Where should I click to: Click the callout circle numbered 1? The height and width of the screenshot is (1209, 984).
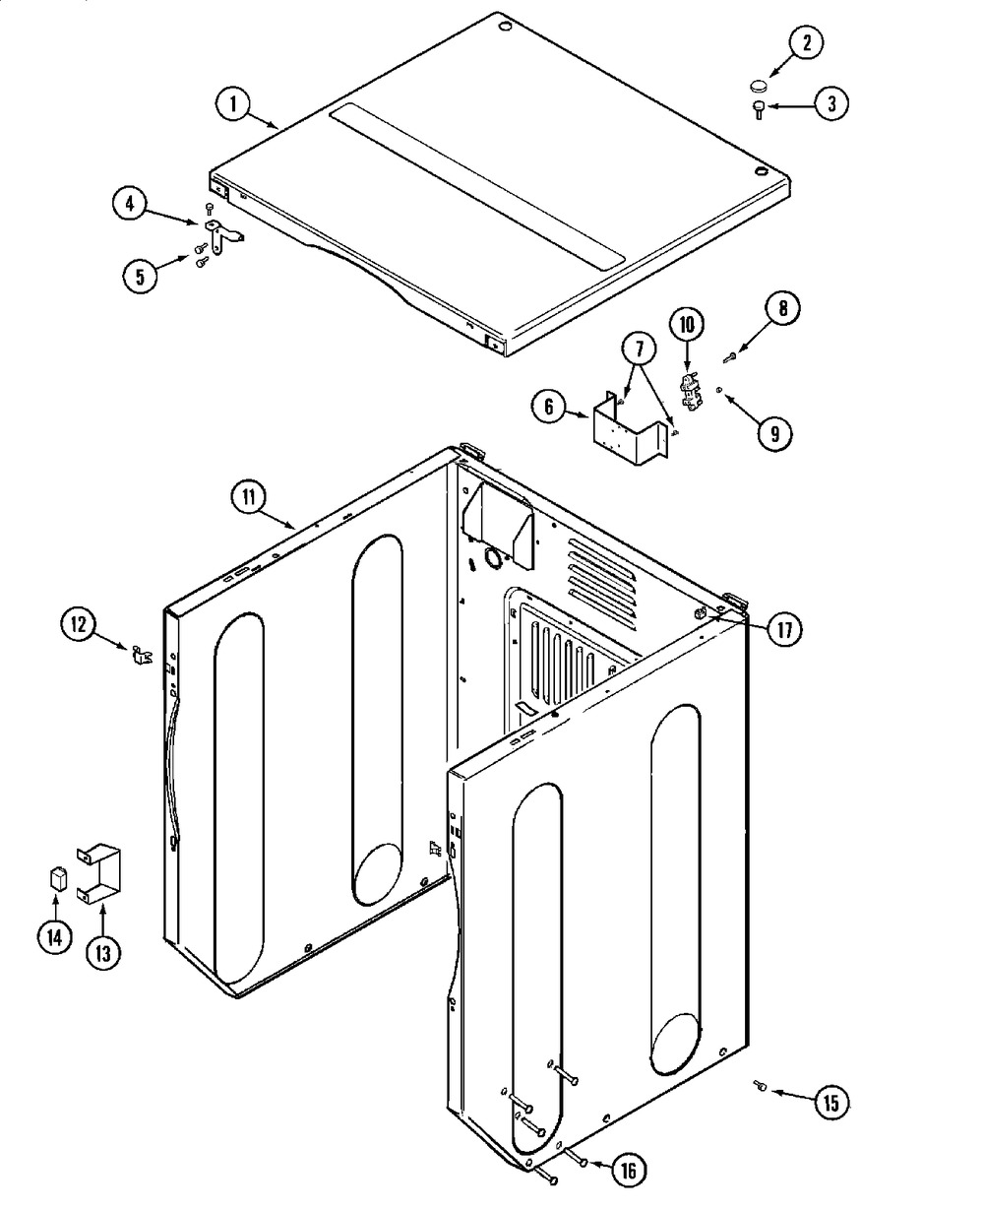233,104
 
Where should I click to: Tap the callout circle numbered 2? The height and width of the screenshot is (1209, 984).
807,42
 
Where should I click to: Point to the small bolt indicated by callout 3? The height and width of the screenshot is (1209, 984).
758,109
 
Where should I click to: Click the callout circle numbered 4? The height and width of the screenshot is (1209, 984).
131,204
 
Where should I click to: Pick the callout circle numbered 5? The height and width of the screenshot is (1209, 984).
140,276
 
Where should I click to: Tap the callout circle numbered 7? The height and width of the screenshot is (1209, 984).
640,348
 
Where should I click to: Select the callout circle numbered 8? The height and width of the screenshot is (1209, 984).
782,308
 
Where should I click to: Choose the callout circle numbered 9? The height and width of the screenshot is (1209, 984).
774,433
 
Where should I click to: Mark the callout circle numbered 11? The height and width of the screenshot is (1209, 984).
249,497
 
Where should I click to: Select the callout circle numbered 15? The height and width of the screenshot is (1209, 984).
830,1103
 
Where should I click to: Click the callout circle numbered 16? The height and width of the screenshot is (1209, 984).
629,1170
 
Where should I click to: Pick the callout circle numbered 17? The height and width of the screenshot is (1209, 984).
784,629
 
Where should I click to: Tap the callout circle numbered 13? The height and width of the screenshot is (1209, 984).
103,953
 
